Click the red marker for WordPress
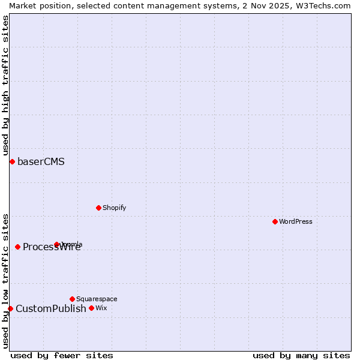click(x=275, y=221)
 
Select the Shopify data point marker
click(x=98, y=208)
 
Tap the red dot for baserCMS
click(x=12, y=161)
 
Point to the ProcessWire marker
click(x=17, y=247)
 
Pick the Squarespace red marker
click(x=72, y=299)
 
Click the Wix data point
click(x=91, y=308)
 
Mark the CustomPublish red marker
click(x=10, y=308)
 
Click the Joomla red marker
click(x=56, y=244)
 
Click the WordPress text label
click(x=296, y=221)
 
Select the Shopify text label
click(x=114, y=208)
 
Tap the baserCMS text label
click(x=41, y=161)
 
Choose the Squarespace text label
click(x=97, y=299)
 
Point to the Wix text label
click(x=101, y=308)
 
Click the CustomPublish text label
click(x=51, y=308)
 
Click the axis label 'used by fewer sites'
click(x=62, y=355)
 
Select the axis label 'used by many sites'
click(x=301, y=355)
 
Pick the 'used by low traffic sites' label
click(x=5, y=280)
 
